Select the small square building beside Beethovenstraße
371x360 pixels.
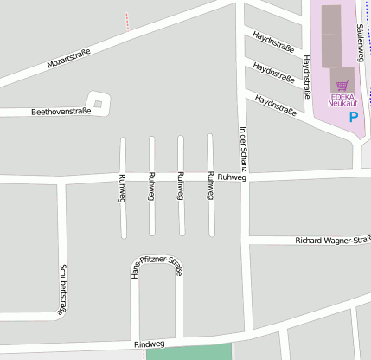(98, 105)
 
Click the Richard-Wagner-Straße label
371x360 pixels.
(332, 240)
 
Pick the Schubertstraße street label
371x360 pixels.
(62, 288)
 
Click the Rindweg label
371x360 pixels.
(149, 344)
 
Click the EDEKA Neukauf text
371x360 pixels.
(342, 100)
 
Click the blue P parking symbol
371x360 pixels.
(353, 116)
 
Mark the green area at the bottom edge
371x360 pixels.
(189, 352)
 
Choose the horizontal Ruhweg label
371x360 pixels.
(233, 177)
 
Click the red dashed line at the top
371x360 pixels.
(126, 21)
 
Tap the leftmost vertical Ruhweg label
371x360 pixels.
(122, 188)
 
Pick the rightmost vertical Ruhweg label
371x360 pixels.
(210, 188)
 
